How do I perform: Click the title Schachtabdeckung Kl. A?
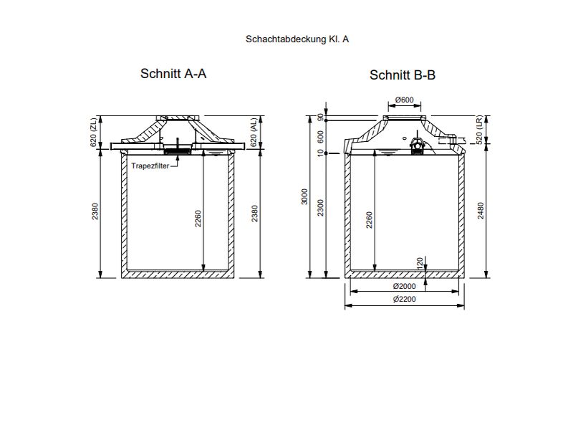[x=297, y=39]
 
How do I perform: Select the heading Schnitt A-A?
[x=173, y=73]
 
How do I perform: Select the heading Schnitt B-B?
[x=403, y=75]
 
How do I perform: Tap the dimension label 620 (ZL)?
[x=94, y=133]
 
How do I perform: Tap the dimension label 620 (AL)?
[x=254, y=133]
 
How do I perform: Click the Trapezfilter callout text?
[x=151, y=165]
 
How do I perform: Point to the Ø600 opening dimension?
[x=404, y=100]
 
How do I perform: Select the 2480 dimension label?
[x=480, y=214]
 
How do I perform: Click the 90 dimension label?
[x=319, y=118]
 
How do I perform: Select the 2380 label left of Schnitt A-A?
[x=94, y=214]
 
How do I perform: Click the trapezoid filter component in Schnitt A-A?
[x=177, y=150]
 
